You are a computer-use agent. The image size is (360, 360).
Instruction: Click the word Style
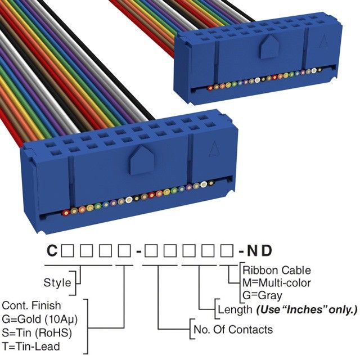tap(57, 282)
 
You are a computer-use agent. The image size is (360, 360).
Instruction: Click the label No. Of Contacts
tap(232, 330)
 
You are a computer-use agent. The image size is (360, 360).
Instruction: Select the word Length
tap(234, 309)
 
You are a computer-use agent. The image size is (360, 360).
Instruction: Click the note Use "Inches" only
tap(307, 309)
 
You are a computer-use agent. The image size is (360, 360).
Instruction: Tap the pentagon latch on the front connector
tap(138, 160)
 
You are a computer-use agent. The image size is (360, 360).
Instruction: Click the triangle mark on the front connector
tap(214, 148)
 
